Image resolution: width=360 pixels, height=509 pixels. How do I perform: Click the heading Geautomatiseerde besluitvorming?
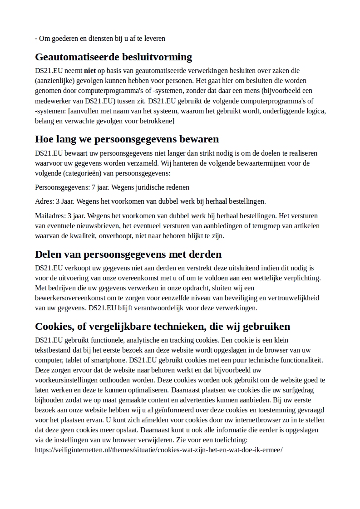(113, 57)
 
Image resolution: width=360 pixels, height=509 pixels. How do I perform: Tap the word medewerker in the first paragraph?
(52, 101)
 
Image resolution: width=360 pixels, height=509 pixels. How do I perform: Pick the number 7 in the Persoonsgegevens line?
(94, 187)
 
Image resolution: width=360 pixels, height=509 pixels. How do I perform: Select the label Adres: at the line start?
(44, 201)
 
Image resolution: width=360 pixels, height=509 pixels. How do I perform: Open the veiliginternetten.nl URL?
(159, 450)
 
